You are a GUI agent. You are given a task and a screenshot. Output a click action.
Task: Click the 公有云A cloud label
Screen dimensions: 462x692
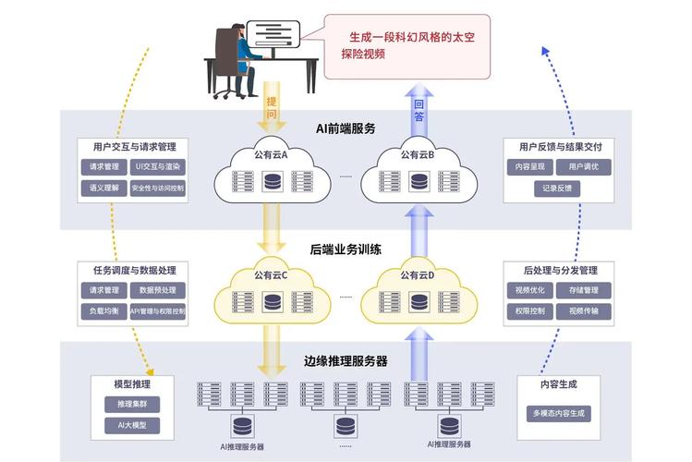pos(272,155)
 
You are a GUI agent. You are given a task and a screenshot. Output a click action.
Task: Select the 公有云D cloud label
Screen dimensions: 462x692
pos(418,274)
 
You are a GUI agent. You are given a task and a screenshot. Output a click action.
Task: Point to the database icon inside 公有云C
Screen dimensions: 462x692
pos(272,301)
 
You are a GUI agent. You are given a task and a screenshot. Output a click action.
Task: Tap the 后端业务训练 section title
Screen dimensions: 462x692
pos(346,249)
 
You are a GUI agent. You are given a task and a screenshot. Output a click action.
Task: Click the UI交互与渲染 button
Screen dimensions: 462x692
pos(158,167)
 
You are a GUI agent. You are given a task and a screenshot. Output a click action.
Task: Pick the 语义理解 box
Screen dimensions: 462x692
pos(99,188)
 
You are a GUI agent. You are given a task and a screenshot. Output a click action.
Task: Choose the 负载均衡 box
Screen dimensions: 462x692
pos(99,311)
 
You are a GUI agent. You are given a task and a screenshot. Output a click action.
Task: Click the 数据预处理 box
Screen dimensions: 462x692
pos(158,290)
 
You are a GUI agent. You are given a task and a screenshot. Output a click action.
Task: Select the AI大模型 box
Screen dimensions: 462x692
pos(132,426)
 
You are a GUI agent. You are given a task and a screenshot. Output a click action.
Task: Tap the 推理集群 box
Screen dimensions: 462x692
pos(132,405)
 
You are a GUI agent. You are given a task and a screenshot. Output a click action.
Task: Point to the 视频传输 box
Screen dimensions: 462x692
pos(584,311)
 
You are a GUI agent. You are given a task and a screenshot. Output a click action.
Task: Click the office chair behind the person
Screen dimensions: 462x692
pos(224,60)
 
